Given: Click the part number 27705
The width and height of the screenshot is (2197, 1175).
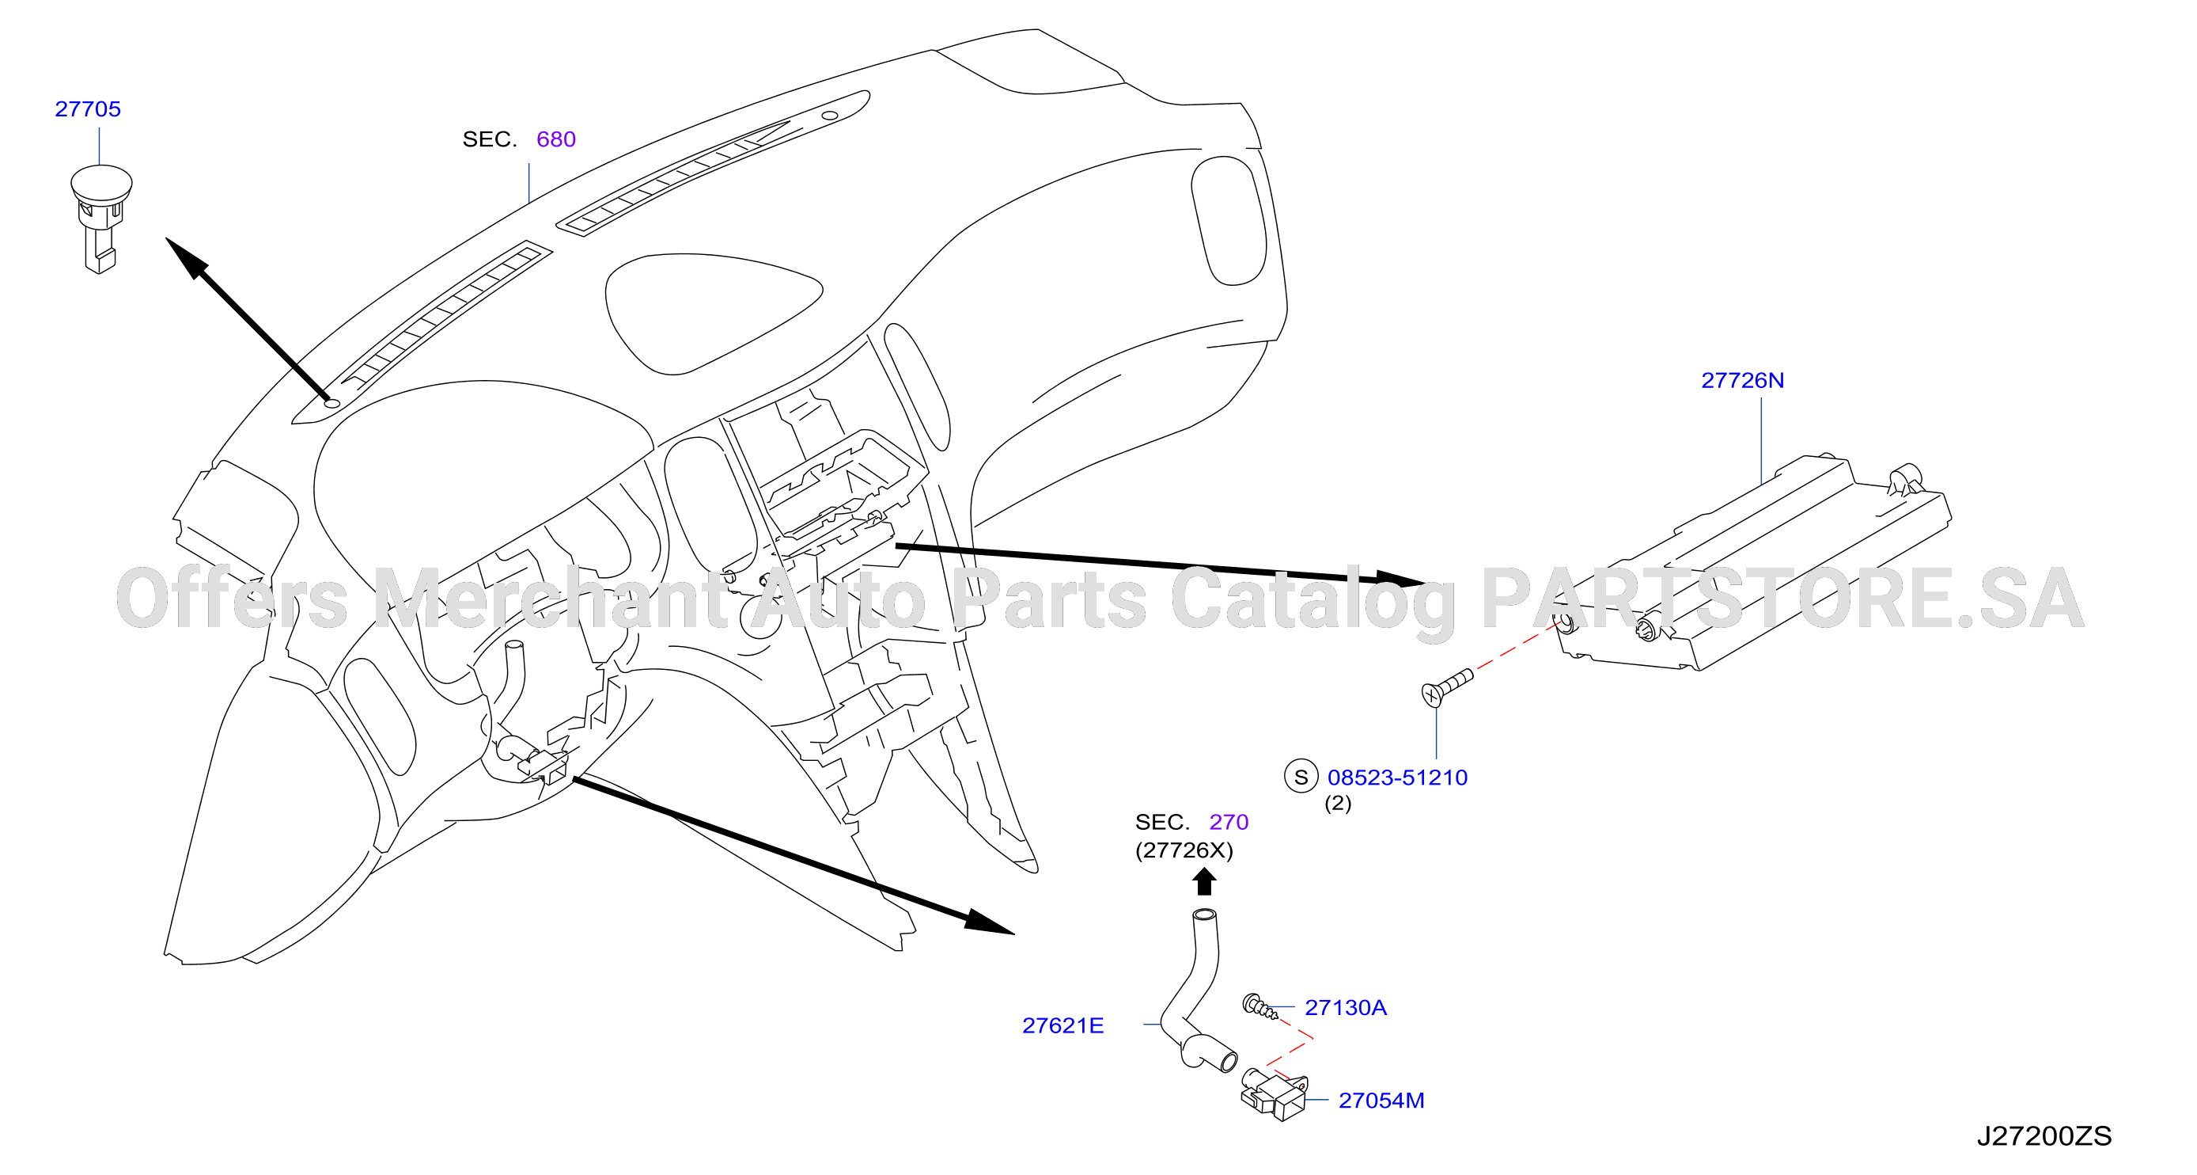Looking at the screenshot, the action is [88, 109].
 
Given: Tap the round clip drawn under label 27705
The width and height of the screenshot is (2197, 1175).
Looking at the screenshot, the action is [100, 218].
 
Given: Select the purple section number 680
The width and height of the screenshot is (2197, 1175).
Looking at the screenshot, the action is [556, 139].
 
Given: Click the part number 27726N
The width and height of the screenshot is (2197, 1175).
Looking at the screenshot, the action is [1742, 381].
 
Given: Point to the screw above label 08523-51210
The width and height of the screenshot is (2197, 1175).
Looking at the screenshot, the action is [1446, 687].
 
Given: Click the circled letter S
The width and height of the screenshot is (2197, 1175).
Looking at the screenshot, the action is [1301, 778].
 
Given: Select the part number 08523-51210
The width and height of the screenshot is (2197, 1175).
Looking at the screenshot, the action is [1397, 778].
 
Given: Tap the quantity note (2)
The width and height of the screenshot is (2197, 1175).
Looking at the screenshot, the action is [1337, 804].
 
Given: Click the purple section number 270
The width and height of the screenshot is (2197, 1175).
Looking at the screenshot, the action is [1229, 823].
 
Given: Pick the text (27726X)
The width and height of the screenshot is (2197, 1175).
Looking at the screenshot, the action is [1184, 850].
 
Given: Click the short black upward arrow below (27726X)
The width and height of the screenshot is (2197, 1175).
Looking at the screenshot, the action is [1203, 882].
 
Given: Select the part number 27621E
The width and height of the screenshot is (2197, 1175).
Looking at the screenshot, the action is [1063, 1025].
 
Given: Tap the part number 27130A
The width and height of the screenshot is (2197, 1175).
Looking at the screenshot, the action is [1346, 1008].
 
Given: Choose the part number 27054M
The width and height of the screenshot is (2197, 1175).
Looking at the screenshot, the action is [1381, 1101].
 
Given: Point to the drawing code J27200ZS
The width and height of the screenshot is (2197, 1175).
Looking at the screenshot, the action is [2044, 1137].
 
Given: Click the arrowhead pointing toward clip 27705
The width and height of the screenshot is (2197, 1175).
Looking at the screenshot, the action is [187, 259].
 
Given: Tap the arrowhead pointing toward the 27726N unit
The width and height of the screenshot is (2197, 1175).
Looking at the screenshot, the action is [1399, 579].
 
